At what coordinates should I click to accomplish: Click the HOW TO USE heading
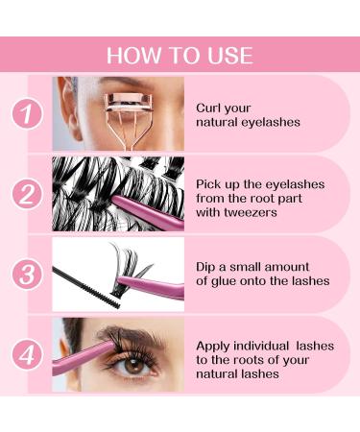(x=180, y=55)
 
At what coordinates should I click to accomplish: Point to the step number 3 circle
(x=27, y=274)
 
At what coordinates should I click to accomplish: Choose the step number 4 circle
(x=27, y=354)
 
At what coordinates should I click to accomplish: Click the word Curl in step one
(x=211, y=108)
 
